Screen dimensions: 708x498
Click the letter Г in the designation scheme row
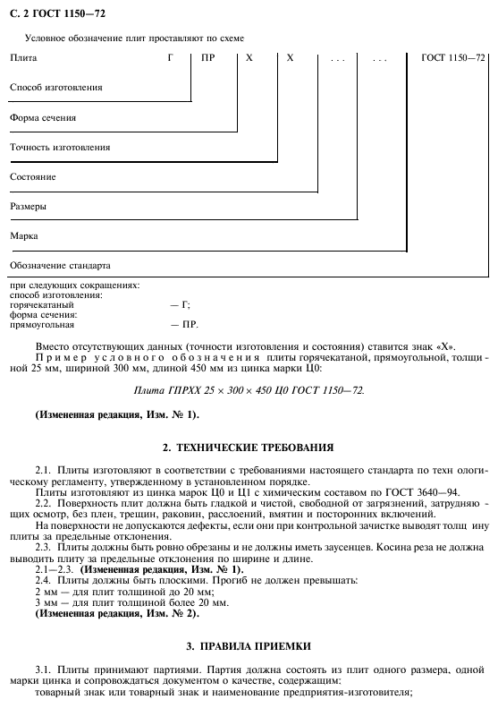coord(169,58)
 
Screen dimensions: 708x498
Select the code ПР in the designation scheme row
coord(208,58)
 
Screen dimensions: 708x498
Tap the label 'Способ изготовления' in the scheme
coord(55,88)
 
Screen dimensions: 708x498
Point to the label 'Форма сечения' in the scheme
coord(42,117)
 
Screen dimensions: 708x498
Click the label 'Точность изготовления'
coord(60,147)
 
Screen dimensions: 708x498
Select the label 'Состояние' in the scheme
coord(33,176)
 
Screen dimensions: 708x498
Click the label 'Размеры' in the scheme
coord(29,206)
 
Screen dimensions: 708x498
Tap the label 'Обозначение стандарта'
coord(60,265)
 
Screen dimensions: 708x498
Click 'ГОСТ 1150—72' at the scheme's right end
coord(454,58)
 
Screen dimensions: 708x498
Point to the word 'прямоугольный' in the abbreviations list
coord(41,324)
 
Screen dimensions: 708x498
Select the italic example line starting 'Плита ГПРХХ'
coord(249,391)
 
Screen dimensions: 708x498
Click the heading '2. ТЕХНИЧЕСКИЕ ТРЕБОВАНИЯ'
coord(249,447)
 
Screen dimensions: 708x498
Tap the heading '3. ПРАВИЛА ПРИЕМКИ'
coord(249,645)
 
